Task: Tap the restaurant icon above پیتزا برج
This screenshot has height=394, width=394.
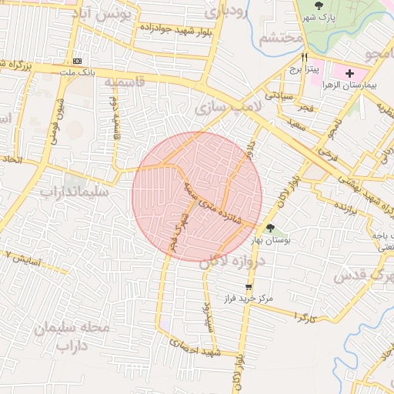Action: (305, 58)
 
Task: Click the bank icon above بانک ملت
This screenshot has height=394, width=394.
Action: (77, 61)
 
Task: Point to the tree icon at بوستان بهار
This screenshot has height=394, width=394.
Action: (270, 227)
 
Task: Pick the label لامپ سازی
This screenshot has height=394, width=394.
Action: (229, 107)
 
